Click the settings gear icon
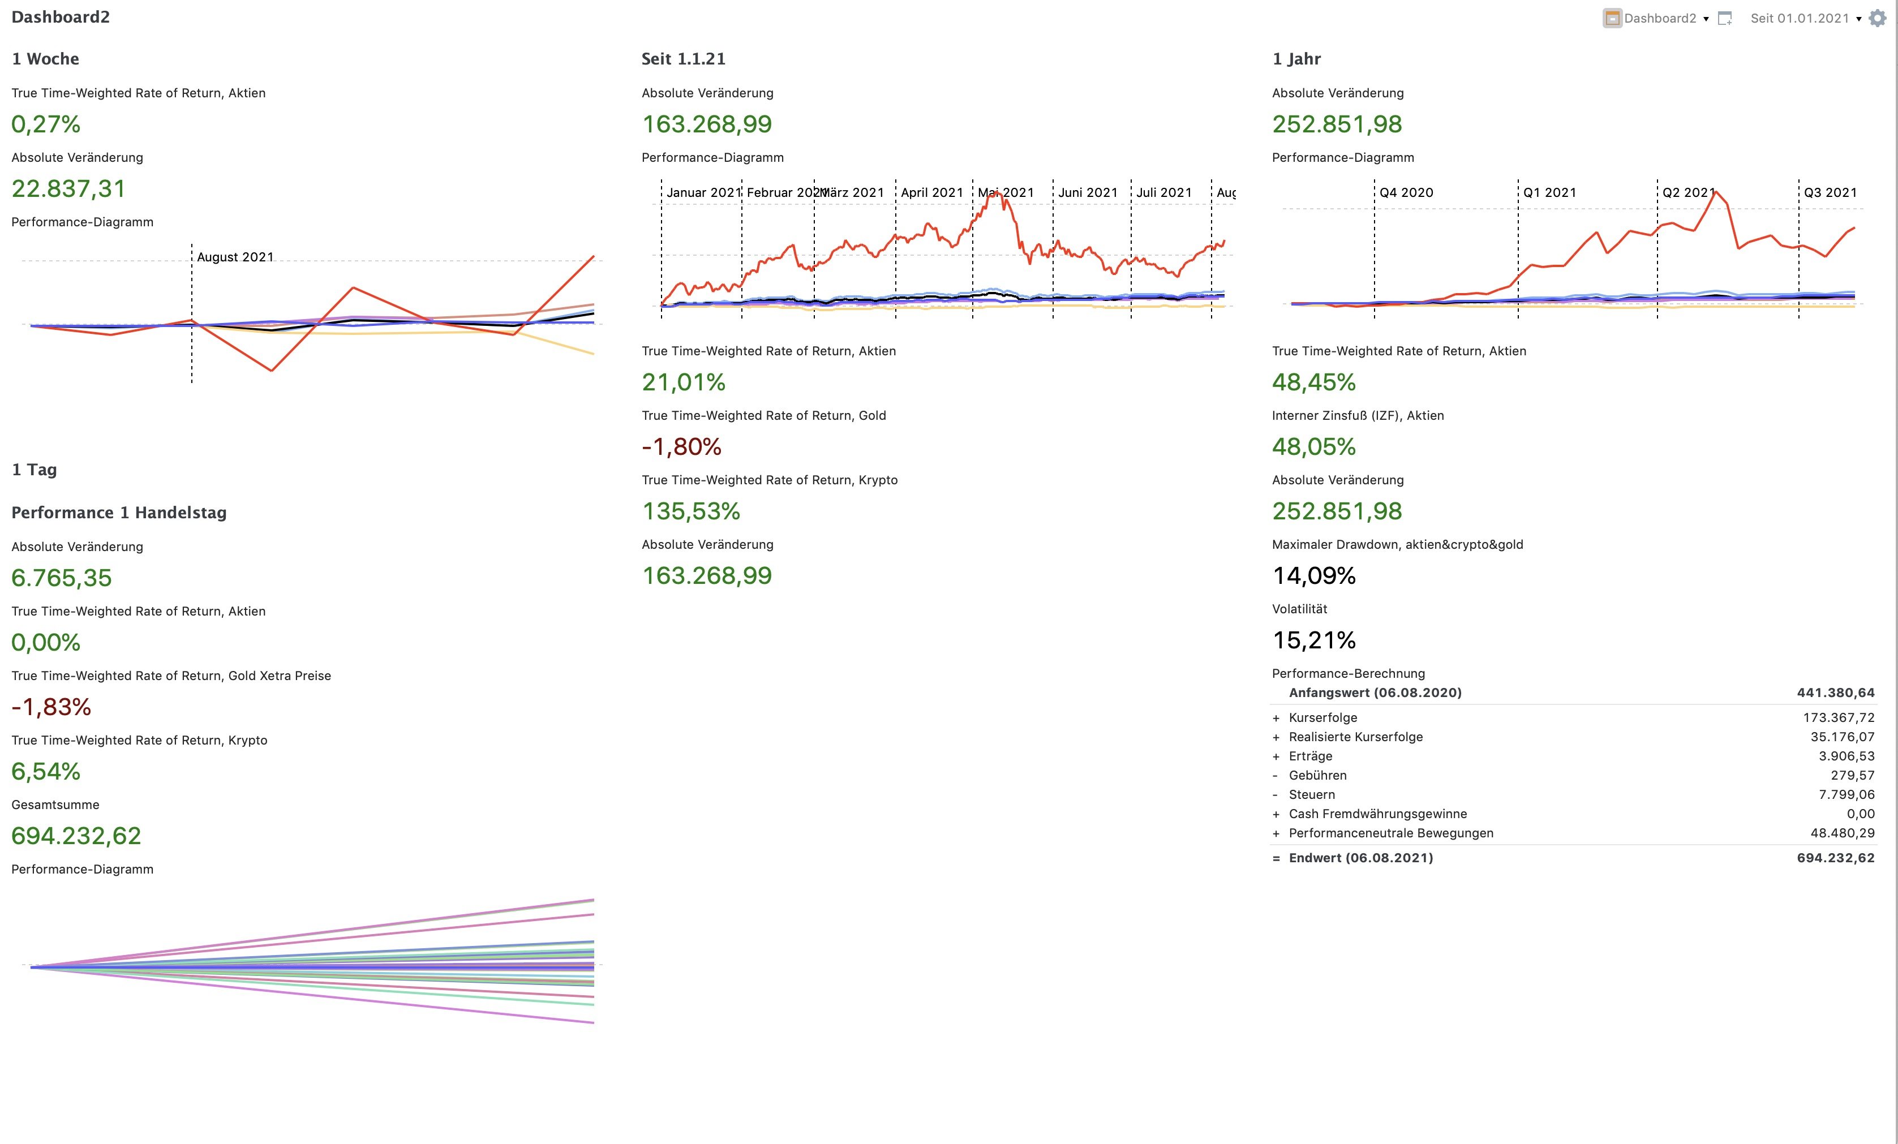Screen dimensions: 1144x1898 tap(1878, 19)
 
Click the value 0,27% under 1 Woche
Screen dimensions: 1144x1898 tap(46, 124)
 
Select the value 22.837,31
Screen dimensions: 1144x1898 tap(68, 189)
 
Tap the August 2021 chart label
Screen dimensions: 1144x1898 tap(235, 257)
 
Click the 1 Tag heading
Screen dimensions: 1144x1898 tap(35, 470)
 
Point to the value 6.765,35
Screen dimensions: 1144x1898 tap(62, 578)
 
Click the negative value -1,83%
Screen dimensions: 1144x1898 tap(51, 707)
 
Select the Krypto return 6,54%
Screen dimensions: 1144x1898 tap(46, 771)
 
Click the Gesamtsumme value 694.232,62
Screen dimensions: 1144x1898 tap(76, 836)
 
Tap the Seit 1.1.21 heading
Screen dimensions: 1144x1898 tap(683, 59)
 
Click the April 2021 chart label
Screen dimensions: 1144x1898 tap(932, 192)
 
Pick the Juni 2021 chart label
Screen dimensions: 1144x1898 tap(1088, 192)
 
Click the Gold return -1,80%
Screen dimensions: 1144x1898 tap(682, 447)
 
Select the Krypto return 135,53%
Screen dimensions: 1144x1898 tap(691, 511)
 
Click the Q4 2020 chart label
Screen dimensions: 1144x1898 tap(1406, 192)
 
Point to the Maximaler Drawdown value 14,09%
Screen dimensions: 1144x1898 tap(1314, 575)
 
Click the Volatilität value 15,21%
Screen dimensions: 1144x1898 tap(1314, 640)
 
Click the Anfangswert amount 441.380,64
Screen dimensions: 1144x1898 tap(1836, 693)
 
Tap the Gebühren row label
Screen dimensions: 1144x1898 tap(1317, 775)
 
